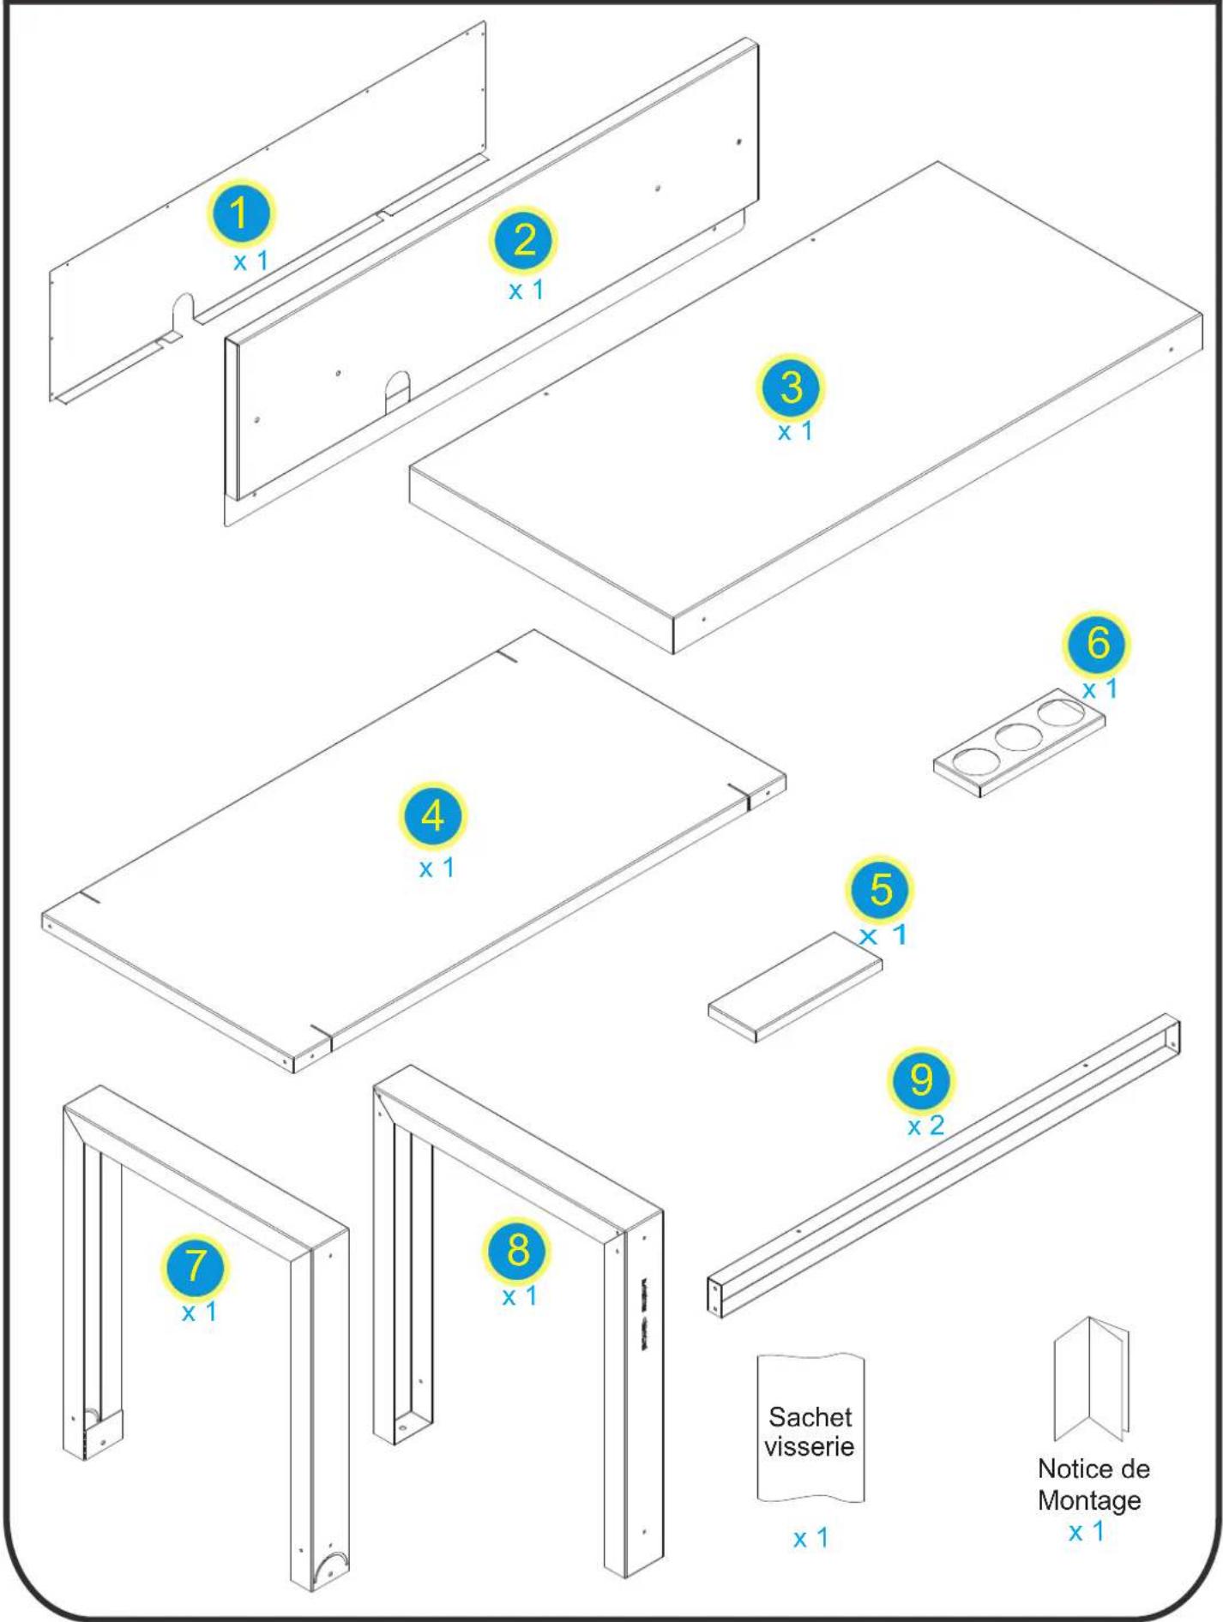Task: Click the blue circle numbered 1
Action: pos(241,213)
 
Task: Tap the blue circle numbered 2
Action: pos(523,240)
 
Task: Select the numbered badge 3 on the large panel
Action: pos(791,387)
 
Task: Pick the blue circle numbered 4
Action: pos(433,816)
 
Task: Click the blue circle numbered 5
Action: pos(881,889)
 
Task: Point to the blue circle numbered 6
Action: pos(1097,643)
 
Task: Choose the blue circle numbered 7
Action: pos(196,1265)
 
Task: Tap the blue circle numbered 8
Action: pos(518,1249)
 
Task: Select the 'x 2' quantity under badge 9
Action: pos(925,1126)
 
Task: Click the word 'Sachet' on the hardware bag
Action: pos(810,1416)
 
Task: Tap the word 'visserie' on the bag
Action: pos(810,1446)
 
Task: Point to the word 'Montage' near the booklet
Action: pos(1088,1500)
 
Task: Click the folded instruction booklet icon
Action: pos(1091,1380)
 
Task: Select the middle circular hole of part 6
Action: pos(1019,736)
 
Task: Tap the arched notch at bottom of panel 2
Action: pos(396,389)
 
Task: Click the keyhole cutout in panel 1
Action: pos(184,310)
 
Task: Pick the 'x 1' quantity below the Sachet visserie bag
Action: pos(810,1538)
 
